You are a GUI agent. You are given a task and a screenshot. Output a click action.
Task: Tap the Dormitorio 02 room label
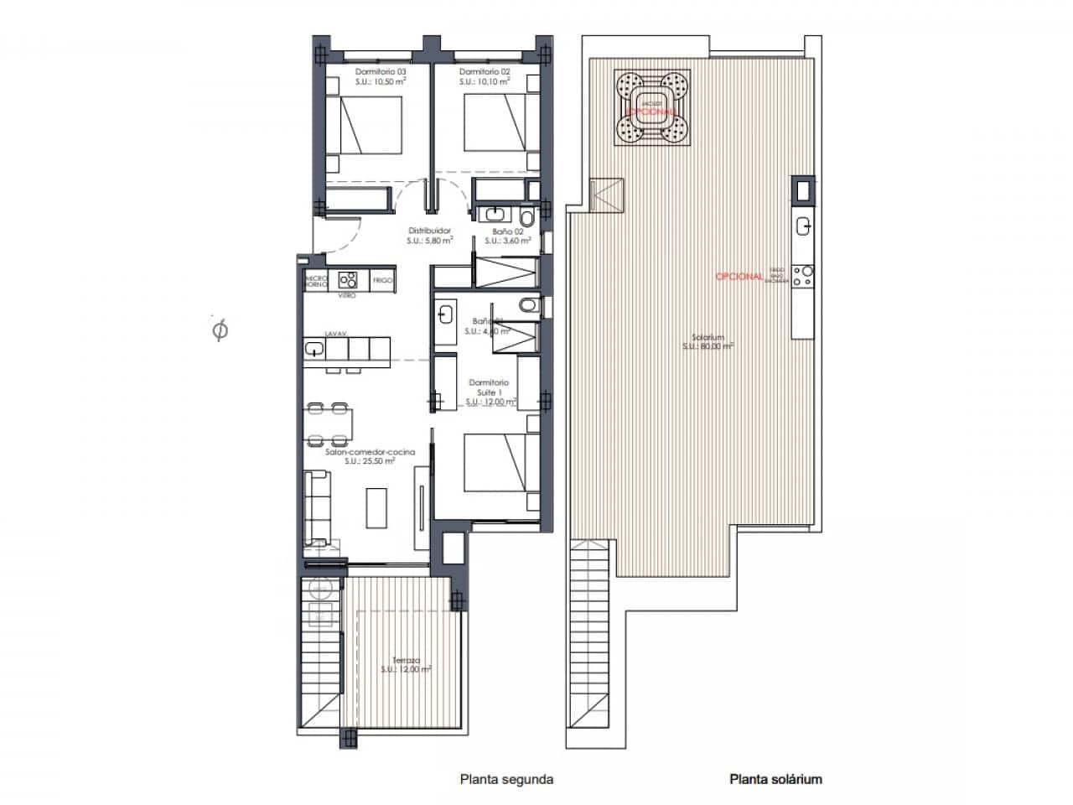tap(485, 72)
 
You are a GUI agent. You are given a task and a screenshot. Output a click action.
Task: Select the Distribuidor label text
tap(430, 231)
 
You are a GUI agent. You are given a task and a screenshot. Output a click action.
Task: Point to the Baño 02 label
tap(508, 231)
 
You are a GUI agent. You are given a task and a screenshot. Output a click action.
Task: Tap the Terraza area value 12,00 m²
tap(406, 669)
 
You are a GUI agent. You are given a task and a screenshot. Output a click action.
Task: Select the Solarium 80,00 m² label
tap(708, 340)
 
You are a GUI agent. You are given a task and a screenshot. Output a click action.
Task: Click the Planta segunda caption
tap(506, 779)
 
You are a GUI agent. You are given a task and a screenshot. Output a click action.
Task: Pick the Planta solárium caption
tap(776, 779)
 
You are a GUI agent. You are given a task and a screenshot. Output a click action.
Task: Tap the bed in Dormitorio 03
tap(371, 125)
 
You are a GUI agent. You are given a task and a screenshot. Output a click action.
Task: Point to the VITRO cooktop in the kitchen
tap(347, 279)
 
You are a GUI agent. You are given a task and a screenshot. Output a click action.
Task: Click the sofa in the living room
tap(316, 506)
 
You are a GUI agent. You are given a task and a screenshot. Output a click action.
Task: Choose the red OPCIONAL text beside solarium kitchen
tap(739, 277)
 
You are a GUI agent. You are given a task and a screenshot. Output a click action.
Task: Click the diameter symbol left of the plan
tap(220, 331)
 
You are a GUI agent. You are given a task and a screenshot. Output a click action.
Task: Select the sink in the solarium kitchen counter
tap(803, 225)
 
